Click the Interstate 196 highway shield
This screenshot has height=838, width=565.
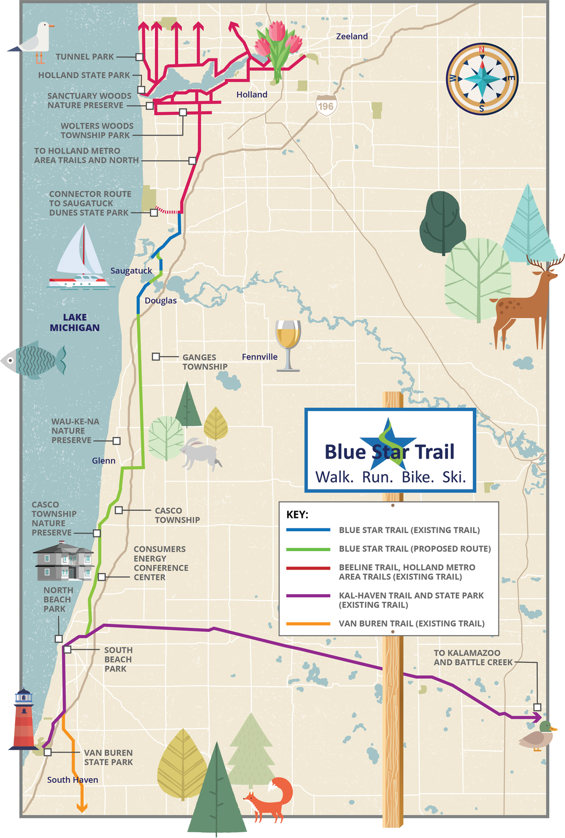click(326, 106)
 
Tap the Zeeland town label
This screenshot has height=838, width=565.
click(351, 36)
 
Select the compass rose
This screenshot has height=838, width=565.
click(481, 79)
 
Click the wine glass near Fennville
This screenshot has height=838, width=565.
click(288, 344)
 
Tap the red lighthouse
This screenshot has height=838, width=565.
click(24, 720)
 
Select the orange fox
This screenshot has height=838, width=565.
click(271, 799)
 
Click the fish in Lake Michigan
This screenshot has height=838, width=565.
click(34, 359)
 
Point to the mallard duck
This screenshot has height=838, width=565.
click(537, 736)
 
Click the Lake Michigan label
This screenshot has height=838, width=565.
click(75, 322)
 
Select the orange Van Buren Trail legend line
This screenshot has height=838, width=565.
click(308, 623)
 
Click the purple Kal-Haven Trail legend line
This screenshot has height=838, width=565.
click(308, 595)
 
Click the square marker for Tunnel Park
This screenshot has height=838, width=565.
click(139, 57)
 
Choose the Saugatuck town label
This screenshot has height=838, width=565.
click(131, 270)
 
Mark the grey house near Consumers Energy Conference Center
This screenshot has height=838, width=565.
click(63, 561)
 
